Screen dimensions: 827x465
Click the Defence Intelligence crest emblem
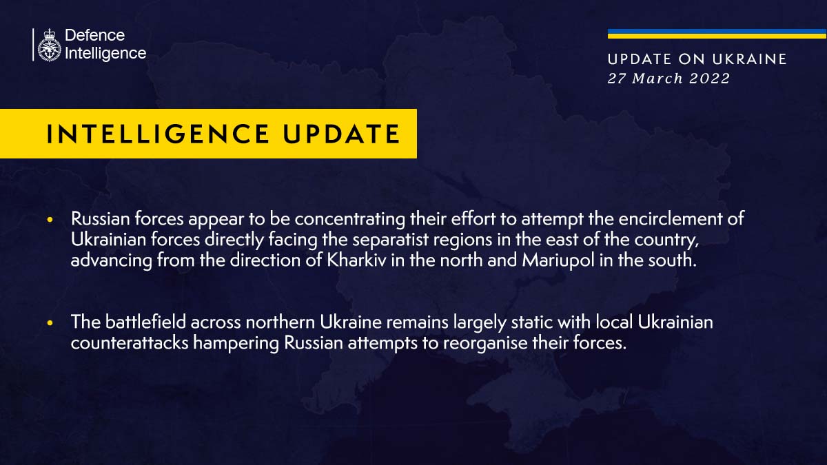pyautogui.click(x=50, y=45)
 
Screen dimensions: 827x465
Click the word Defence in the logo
pyautogui.click(x=95, y=35)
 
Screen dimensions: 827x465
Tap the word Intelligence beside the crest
pyautogui.click(x=105, y=54)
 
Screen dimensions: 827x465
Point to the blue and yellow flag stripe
pyautogui.click(x=717, y=34)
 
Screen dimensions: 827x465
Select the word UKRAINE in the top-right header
pyautogui.click(x=750, y=59)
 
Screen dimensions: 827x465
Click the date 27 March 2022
pyautogui.click(x=668, y=79)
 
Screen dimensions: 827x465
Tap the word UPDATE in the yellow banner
pyautogui.click(x=342, y=134)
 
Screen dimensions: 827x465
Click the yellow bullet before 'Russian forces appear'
pyautogui.click(x=50, y=220)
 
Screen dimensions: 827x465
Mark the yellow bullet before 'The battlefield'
pyautogui.click(x=50, y=323)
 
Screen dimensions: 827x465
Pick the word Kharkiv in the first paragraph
pyautogui.click(x=357, y=260)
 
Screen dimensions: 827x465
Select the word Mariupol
pyautogui.click(x=558, y=260)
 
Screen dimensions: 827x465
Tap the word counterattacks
pyautogui.click(x=130, y=343)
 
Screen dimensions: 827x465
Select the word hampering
pyautogui.click(x=236, y=344)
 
